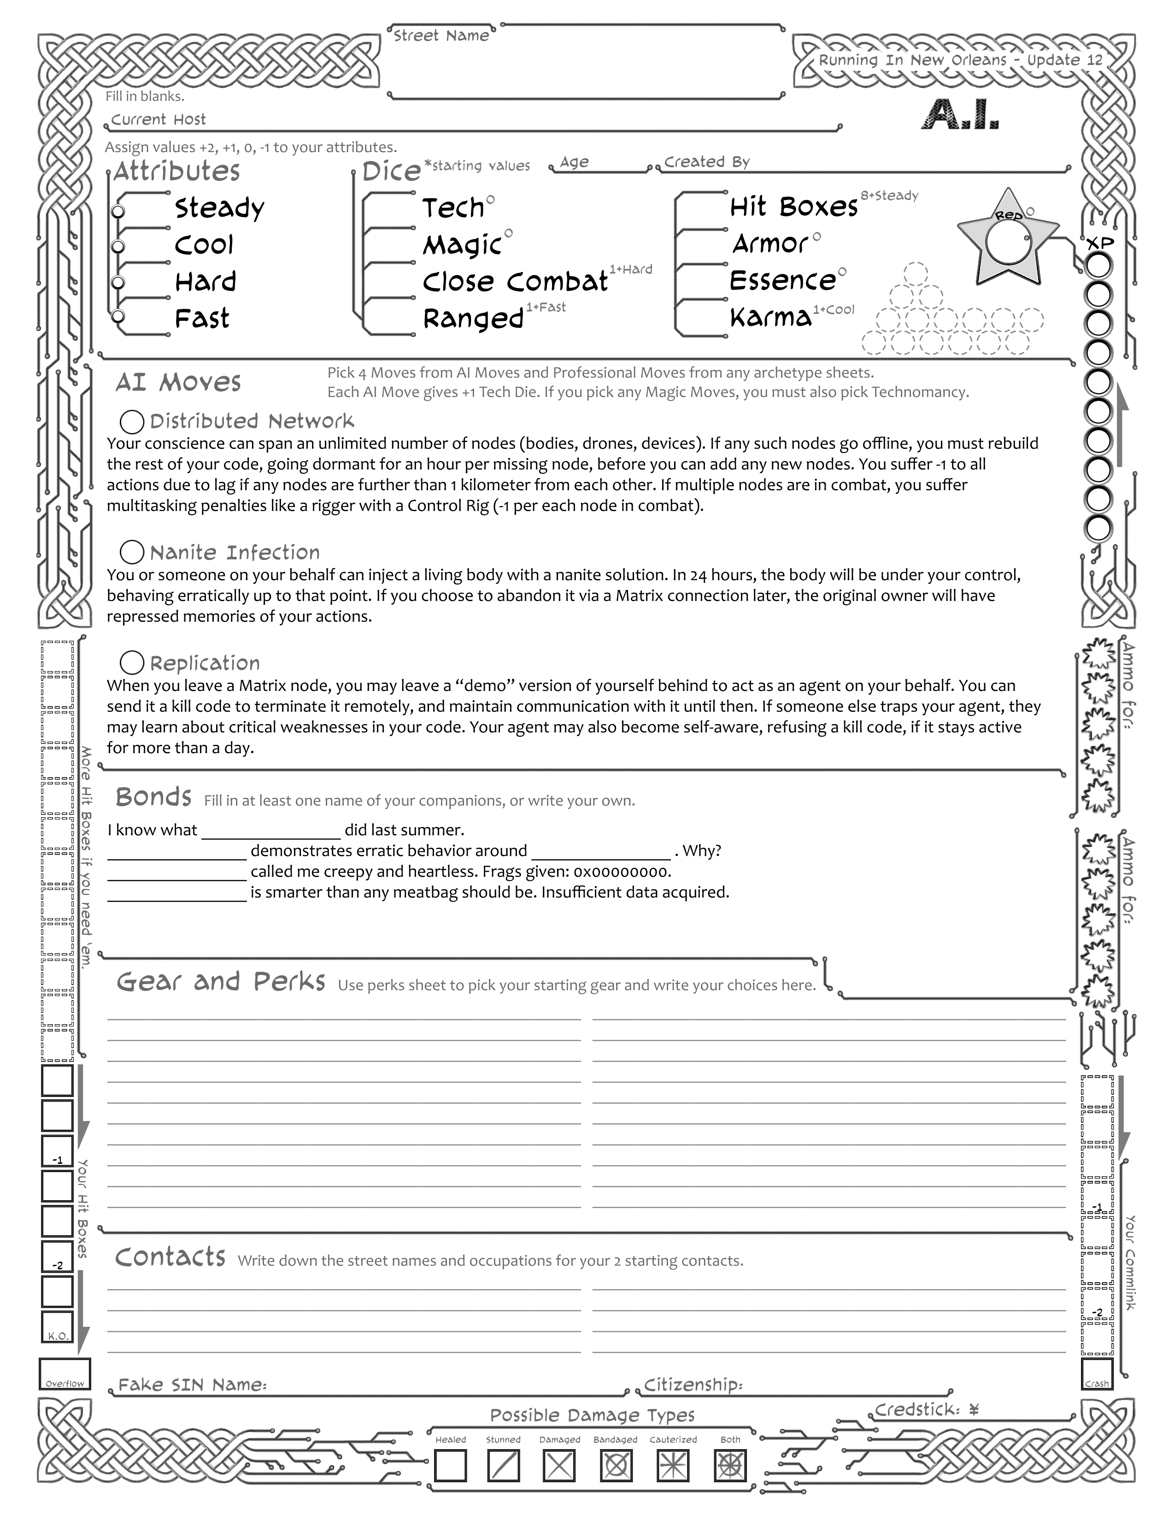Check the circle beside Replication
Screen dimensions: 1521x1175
coord(132,662)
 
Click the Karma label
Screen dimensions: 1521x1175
coord(770,318)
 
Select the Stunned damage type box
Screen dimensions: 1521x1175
coord(503,1465)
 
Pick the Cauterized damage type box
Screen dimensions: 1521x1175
coord(672,1465)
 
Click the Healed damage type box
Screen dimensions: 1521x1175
coord(450,1465)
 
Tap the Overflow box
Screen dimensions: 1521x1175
coord(65,1374)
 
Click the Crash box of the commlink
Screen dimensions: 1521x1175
coord(1097,1374)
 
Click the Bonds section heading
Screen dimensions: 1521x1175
coord(153,797)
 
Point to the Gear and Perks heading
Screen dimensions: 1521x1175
coord(221,981)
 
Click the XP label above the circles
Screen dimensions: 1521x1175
coord(1100,244)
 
